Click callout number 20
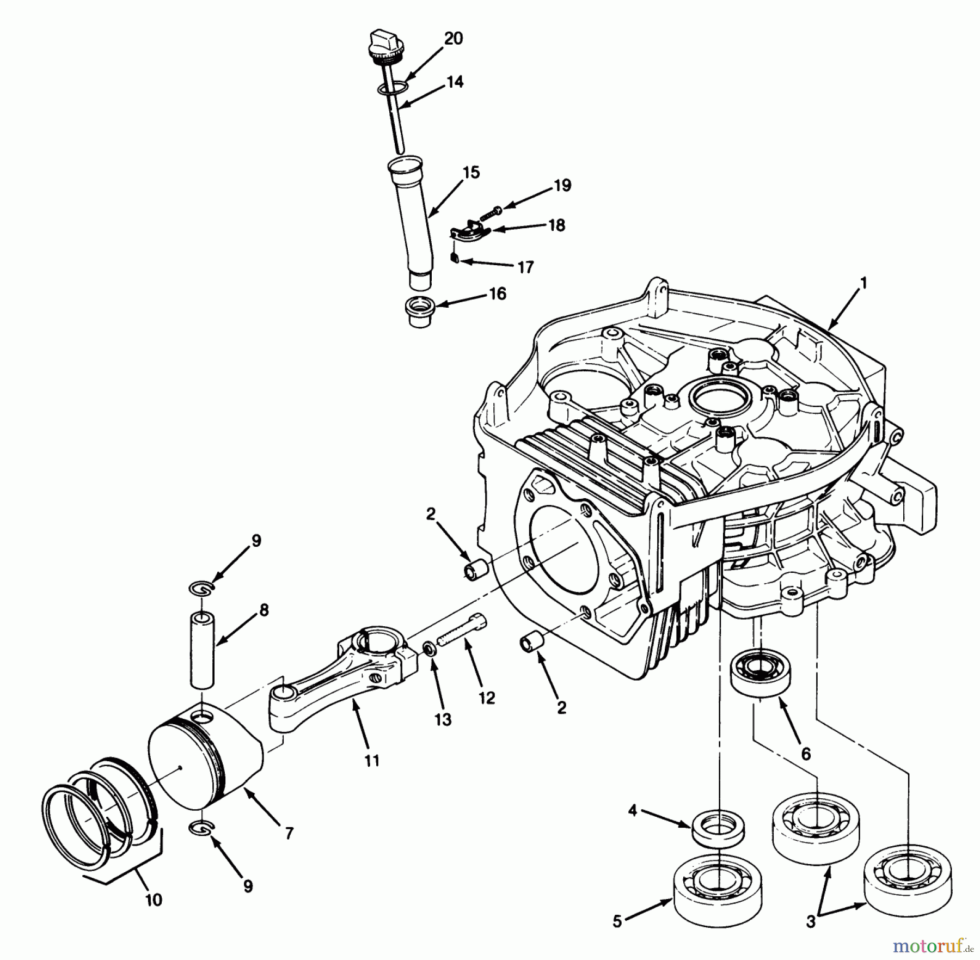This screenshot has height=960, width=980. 453,39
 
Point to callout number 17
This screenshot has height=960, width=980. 525,267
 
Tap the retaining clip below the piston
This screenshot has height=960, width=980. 201,844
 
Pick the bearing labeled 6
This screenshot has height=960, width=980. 760,674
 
